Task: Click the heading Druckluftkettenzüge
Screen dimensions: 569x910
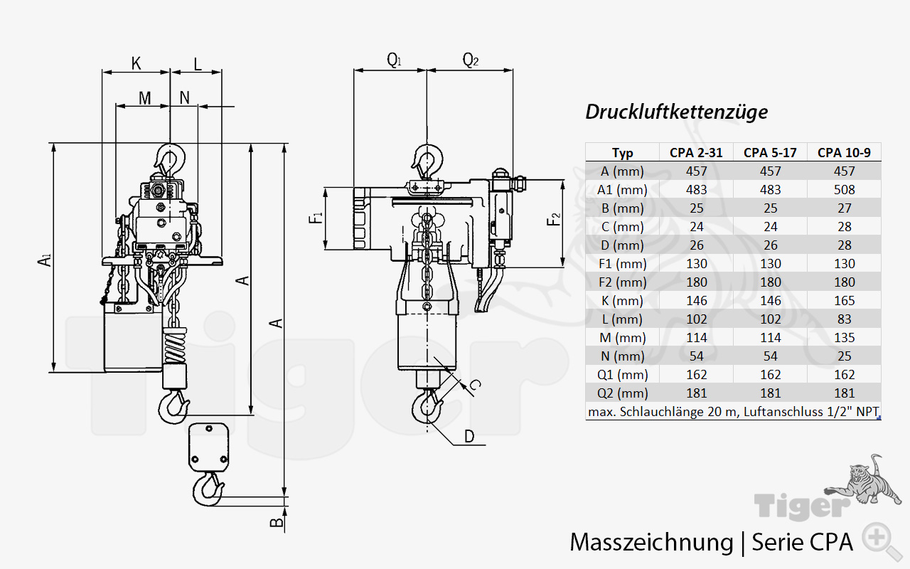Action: click(676, 112)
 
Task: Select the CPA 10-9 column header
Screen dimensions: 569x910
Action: click(844, 152)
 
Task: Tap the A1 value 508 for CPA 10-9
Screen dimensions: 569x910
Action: click(844, 189)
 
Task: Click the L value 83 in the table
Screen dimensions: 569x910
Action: click(844, 319)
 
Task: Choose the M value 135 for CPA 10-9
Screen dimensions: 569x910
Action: click(844, 337)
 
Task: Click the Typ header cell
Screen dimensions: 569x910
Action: click(622, 152)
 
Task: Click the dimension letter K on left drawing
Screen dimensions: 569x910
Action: click(136, 63)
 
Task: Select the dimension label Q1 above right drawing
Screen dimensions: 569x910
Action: click(393, 60)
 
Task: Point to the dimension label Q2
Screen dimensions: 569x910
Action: click(470, 60)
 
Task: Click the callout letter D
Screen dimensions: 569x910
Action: click(469, 435)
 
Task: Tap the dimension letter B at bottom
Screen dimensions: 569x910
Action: click(277, 524)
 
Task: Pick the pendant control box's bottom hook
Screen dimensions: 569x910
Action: click(208, 489)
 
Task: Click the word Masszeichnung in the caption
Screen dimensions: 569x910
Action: click(651, 542)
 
